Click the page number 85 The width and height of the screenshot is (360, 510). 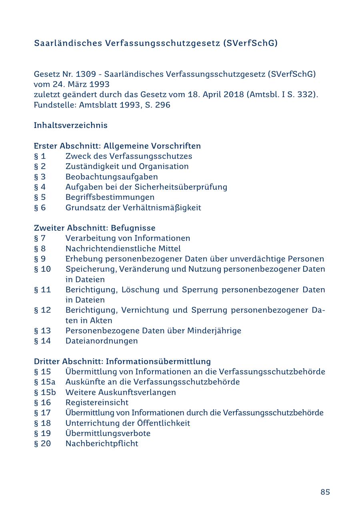click(x=325, y=492)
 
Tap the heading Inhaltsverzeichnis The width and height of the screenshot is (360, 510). click(x=71, y=125)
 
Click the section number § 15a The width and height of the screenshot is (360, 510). click(x=45, y=382)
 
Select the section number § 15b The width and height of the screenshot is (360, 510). click(x=45, y=392)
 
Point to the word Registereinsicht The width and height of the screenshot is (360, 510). click(x=97, y=402)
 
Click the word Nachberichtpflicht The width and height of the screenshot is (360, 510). click(x=102, y=443)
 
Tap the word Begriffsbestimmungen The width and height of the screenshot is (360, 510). click(x=110, y=197)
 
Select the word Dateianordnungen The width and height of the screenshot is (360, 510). click(x=102, y=341)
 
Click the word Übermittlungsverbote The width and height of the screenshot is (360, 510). click(x=108, y=433)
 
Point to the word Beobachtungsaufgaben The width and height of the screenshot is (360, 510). click(x=112, y=177)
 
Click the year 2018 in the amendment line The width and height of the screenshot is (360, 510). click(x=231, y=95)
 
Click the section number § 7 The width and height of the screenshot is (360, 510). click(x=40, y=238)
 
